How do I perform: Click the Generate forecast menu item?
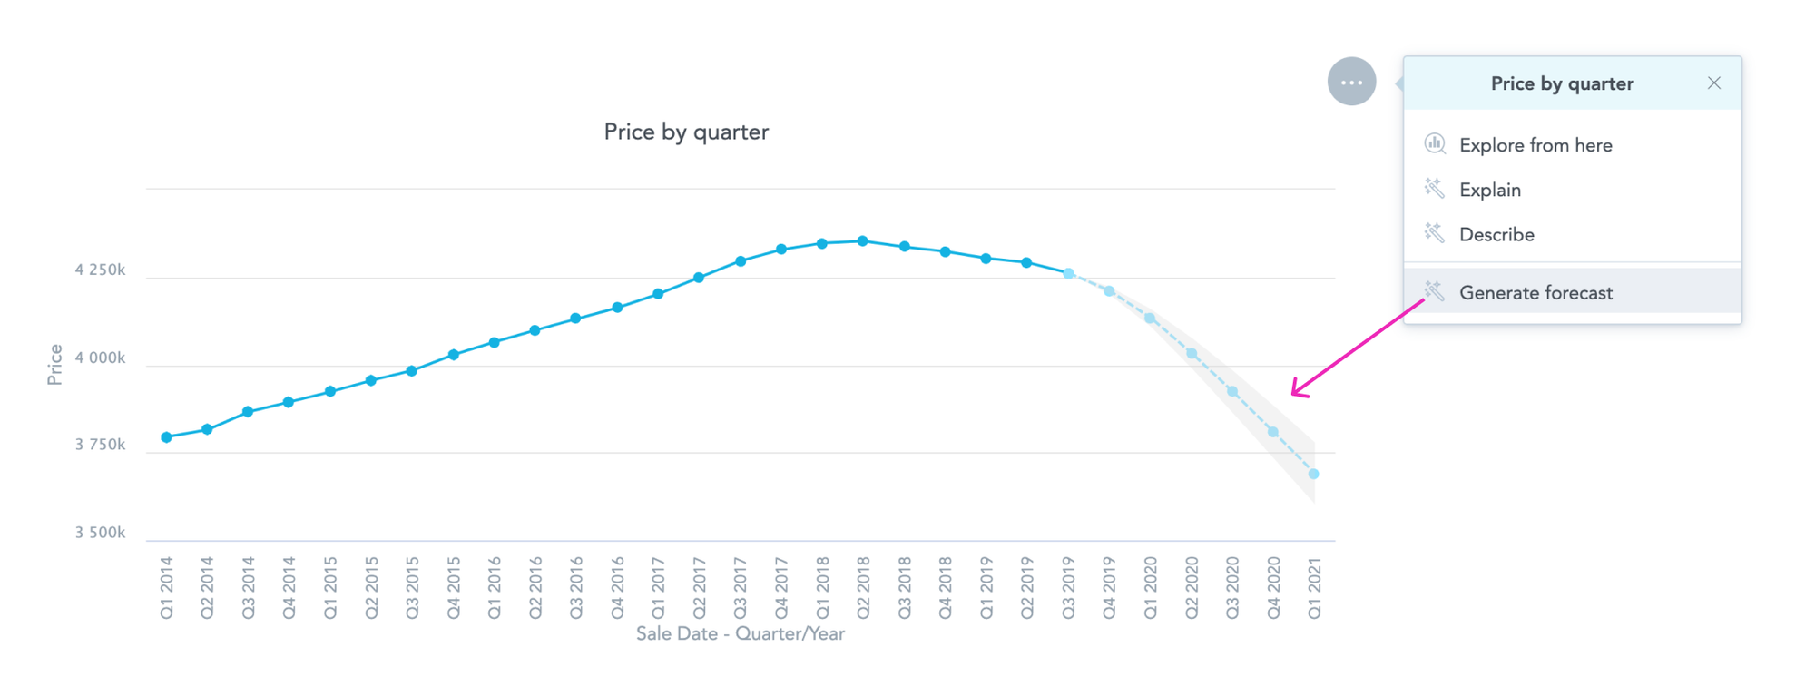click(x=1535, y=293)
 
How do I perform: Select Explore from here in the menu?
click(x=1535, y=145)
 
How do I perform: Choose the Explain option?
click(x=1490, y=190)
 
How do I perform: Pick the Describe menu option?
click(x=1496, y=235)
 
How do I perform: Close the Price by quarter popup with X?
click(x=1713, y=83)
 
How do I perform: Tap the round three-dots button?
click(x=1351, y=82)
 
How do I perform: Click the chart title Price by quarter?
click(x=686, y=132)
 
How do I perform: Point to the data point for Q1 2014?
click(x=166, y=437)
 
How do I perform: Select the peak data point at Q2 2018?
click(x=863, y=241)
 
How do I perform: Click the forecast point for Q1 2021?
click(x=1313, y=474)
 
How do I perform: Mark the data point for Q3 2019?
click(x=1068, y=273)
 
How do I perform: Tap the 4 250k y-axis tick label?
click(x=100, y=270)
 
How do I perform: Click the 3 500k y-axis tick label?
click(x=100, y=533)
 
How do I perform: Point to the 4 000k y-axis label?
click(x=100, y=358)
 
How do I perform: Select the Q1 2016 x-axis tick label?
click(x=495, y=588)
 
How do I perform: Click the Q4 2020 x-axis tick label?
click(x=1273, y=588)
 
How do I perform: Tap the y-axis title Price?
click(x=54, y=365)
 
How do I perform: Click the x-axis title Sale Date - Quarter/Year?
click(x=740, y=634)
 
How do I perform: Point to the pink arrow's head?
click(x=1295, y=393)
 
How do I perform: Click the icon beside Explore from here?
click(x=1435, y=143)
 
